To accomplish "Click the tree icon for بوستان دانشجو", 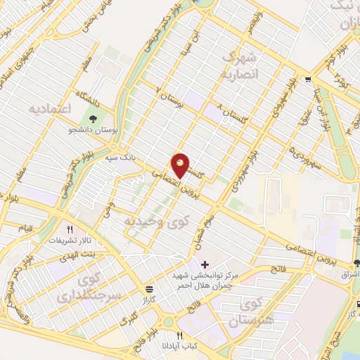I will pos(94,118).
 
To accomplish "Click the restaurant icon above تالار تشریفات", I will pos(70,229).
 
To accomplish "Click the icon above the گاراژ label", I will pos(150,289).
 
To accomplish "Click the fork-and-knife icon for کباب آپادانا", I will pos(180,336).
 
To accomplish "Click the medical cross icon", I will pos(205,265).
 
